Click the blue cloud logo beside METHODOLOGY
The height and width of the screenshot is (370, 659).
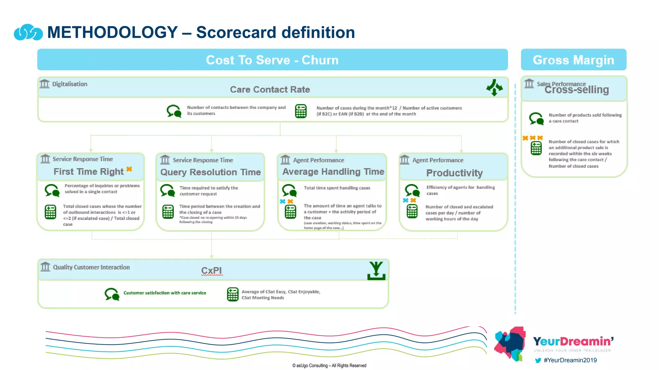pos(28,32)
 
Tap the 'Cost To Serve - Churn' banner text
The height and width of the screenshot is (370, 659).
pos(272,60)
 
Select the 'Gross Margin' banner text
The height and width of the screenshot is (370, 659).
pos(573,60)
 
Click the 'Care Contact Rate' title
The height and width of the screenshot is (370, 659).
pos(270,90)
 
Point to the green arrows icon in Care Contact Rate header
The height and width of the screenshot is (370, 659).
pos(494,87)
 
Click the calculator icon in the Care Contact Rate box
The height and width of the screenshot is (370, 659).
pos(301,111)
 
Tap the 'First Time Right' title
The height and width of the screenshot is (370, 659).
pos(88,172)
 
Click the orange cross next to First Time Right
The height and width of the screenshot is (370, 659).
pos(129,169)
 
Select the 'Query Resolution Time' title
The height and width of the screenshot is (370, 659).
pos(210,172)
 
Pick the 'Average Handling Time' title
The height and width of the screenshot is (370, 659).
pos(333,172)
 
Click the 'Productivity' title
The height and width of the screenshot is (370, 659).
pos(454,173)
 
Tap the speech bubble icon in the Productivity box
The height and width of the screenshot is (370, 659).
pos(412,190)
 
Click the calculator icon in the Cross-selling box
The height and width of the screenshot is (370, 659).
pos(536,148)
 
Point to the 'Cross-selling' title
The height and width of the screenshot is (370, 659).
pos(577,90)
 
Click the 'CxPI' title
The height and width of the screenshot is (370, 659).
pos(211,270)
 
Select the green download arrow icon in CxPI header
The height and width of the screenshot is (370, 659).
pos(376,270)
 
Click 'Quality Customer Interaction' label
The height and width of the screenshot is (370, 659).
pos(91,267)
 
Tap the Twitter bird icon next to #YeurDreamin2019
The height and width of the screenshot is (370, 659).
pos(538,360)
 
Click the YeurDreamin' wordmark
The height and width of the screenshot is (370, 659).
pos(573,341)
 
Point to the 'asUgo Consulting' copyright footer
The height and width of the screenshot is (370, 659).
pos(329,366)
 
